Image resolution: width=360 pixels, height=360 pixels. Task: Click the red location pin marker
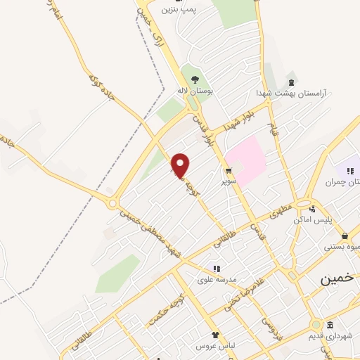pos(181,165)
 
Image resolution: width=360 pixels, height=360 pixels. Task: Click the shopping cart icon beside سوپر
pos(229,171)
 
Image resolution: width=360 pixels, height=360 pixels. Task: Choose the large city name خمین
pos(335,278)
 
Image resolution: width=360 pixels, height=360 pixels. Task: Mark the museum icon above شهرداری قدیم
pos(330,324)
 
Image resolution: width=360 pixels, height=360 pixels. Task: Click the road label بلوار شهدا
pos(238,120)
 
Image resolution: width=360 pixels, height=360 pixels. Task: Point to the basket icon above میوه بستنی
pos(345,236)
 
